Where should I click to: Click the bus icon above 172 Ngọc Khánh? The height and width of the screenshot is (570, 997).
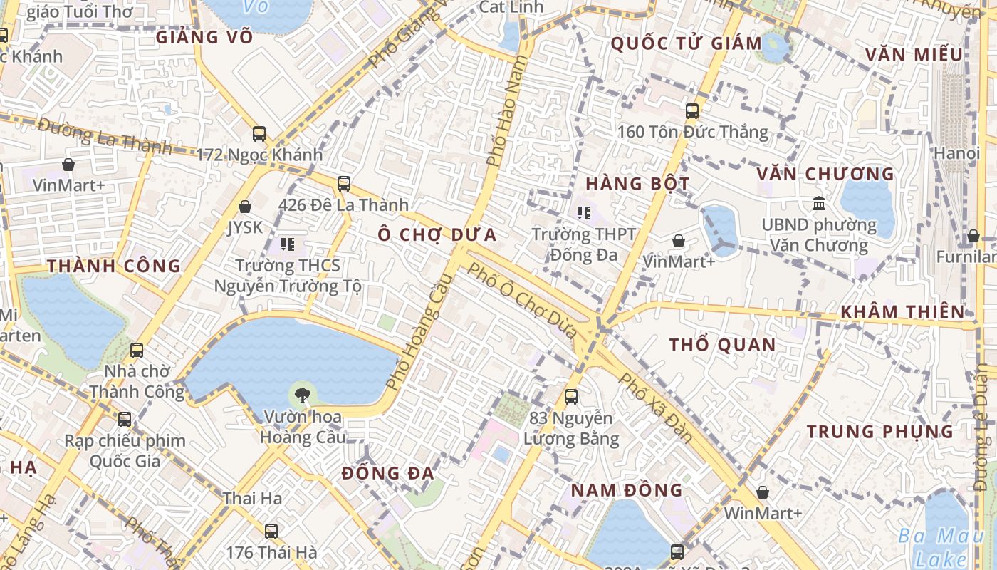pos(259,133)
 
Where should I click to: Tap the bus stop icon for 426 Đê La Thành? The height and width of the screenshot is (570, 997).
pos(344,184)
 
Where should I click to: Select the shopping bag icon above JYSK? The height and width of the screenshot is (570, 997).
pos(245,207)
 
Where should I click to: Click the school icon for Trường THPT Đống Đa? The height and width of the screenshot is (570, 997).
pos(584,212)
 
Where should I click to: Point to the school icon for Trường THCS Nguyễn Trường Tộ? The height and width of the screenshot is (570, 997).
pos(288,245)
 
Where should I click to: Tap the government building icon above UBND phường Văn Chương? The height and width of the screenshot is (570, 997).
pos(819,204)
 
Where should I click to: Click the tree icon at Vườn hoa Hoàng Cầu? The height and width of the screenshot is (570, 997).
pos(303,395)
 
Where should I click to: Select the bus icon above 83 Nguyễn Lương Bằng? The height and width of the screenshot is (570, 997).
pos(570,397)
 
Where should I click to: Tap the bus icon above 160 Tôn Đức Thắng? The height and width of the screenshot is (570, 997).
pos(692,111)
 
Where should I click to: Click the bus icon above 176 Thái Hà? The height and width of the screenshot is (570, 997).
pos(271,531)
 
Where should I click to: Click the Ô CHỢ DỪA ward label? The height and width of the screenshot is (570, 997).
pos(437,234)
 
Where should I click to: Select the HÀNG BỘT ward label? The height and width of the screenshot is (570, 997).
pos(637,183)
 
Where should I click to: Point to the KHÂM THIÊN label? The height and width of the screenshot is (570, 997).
pos(902,311)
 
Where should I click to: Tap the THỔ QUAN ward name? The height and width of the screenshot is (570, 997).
pos(722,345)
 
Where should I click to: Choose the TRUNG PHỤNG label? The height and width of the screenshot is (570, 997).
pos(879,431)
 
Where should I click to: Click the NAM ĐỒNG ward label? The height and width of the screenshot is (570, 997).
pos(627,490)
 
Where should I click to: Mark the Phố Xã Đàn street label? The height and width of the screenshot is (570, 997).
pos(656,407)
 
